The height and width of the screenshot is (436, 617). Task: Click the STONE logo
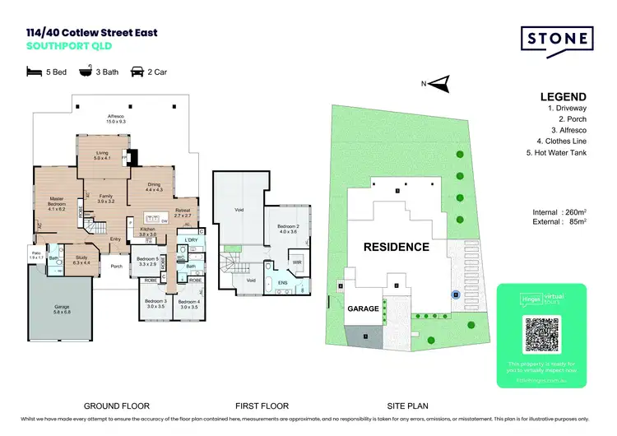click(557, 39)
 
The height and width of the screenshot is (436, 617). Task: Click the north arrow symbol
click(442, 82)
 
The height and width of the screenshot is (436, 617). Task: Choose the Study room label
click(81, 259)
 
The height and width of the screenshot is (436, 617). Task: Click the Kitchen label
click(147, 233)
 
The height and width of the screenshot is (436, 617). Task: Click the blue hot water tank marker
click(453, 294)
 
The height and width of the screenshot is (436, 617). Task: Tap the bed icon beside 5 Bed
click(33, 72)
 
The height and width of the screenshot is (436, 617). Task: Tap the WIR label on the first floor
click(295, 262)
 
